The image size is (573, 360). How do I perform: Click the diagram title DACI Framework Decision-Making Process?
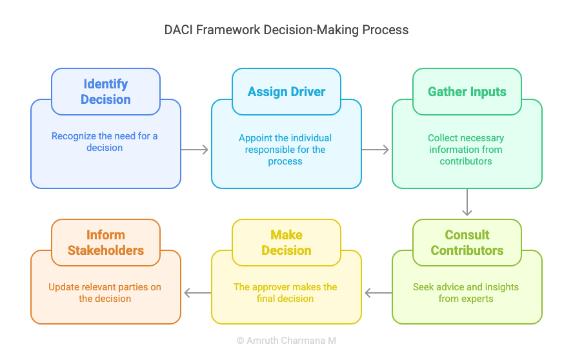[x=286, y=30]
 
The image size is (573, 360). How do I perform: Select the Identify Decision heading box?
[x=106, y=92]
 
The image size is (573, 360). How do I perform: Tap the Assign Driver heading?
[x=286, y=92]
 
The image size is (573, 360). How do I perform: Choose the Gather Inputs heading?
[x=467, y=92]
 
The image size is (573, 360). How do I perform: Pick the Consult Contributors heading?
[x=467, y=243]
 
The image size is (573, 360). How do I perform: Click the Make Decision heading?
[x=286, y=243]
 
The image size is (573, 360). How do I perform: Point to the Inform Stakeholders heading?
[x=106, y=243]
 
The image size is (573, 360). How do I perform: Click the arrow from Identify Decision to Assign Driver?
[x=195, y=150]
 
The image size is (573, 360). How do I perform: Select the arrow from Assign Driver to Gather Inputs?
[x=376, y=150]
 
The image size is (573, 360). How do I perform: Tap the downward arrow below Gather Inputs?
[x=467, y=202]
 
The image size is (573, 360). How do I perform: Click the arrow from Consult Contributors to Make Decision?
[x=378, y=293]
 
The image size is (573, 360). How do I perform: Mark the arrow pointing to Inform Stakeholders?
[x=197, y=293]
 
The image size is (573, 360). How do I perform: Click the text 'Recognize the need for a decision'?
[x=105, y=142]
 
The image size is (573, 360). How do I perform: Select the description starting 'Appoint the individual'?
[x=285, y=150]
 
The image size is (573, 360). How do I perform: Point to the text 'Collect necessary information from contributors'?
[x=466, y=150]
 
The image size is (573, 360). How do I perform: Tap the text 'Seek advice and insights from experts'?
[x=466, y=293]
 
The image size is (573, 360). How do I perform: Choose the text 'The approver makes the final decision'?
[x=285, y=293]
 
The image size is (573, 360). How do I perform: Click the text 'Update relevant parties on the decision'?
[x=105, y=293]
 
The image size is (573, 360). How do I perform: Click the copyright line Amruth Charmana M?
[x=286, y=341]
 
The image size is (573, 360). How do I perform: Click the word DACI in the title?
[x=178, y=30]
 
